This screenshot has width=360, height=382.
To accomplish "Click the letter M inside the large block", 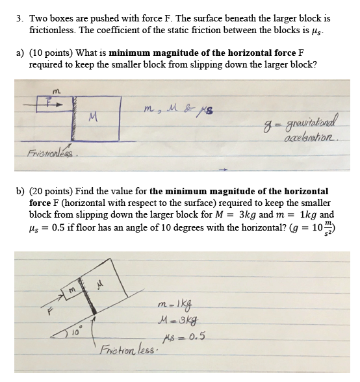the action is (96, 118).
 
